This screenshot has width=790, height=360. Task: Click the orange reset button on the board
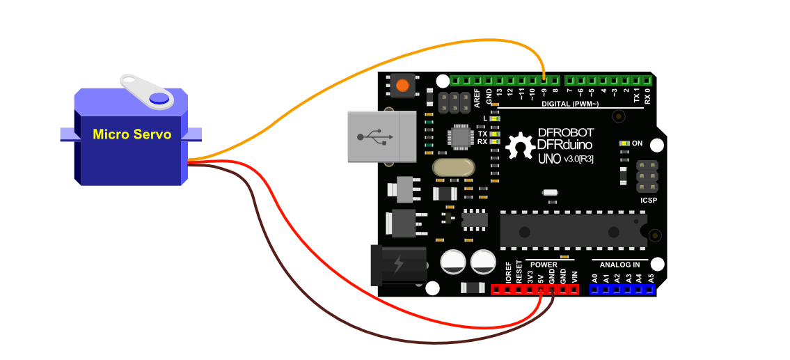402,86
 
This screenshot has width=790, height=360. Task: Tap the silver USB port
381,136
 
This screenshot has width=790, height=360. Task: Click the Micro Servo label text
132,134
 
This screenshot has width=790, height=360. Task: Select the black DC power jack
398,265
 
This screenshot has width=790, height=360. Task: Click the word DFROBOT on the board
565,132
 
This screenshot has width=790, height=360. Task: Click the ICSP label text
649,201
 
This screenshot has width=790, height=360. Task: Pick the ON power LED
625,143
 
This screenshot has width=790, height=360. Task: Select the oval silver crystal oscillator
452,168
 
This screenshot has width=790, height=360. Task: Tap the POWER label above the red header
543,265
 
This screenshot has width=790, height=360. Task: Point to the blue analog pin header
622,289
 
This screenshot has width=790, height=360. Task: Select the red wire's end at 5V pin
541,290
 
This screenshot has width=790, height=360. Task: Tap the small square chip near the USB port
460,135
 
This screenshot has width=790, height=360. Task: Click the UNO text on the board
549,159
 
